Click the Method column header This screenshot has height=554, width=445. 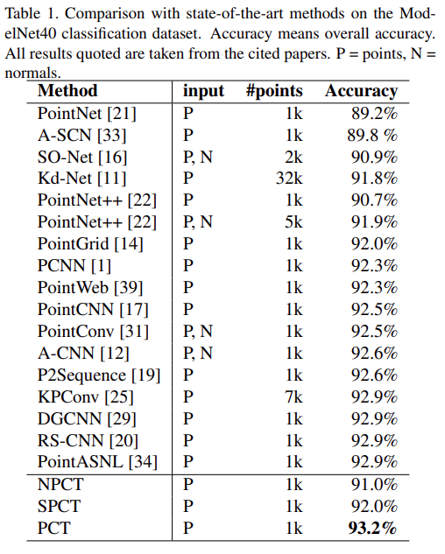67,90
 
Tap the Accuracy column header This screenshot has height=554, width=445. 361,90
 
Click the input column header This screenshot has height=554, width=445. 203,90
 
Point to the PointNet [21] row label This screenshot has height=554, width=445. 87,113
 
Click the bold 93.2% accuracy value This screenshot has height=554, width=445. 370,528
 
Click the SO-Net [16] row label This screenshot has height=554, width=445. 82,157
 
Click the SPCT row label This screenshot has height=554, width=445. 59,506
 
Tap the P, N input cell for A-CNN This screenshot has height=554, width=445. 197,354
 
